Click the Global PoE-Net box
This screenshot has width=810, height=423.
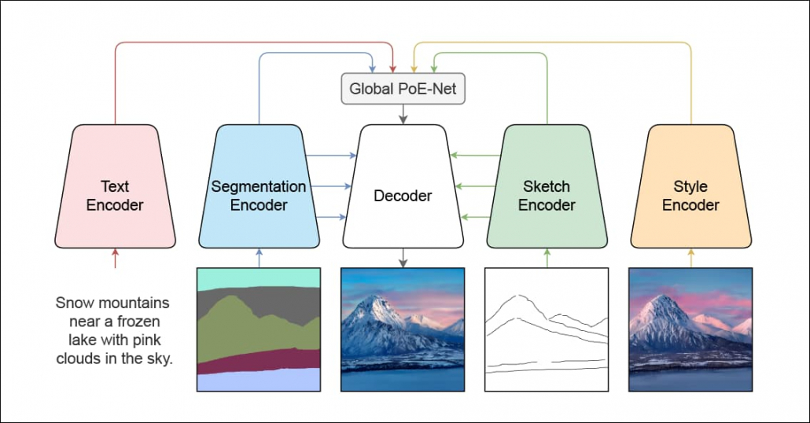pyautogui.click(x=403, y=89)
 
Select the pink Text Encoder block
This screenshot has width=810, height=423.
pyautogui.click(x=115, y=186)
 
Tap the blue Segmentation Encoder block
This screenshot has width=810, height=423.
pyautogui.click(x=259, y=186)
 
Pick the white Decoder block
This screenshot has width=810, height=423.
pyautogui.click(x=403, y=186)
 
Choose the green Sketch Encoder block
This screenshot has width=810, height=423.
pyautogui.click(x=547, y=186)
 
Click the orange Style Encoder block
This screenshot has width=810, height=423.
pyautogui.click(x=690, y=186)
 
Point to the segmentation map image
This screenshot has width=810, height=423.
pyautogui.click(x=259, y=329)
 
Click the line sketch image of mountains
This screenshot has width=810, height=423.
pyautogui.click(x=547, y=329)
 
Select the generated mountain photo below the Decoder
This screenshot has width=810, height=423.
pyautogui.click(x=403, y=329)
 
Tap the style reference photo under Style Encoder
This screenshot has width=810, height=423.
pyautogui.click(x=690, y=329)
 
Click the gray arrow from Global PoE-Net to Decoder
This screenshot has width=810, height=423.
pyautogui.click(x=403, y=114)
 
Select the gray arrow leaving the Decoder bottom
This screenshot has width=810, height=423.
pyautogui.click(x=403, y=258)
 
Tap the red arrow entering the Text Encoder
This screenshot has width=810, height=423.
pyautogui.click(x=115, y=258)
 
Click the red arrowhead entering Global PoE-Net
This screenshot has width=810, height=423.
pyautogui.click(x=392, y=69)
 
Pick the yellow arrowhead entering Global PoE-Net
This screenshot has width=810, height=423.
pyautogui.click(x=414, y=69)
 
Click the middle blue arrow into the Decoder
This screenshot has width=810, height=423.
pyautogui.click(x=331, y=186)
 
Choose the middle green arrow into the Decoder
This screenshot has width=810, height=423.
pyautogui.click(x=475, y=186)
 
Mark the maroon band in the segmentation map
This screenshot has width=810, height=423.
pyautogui.click(x=259, y=361)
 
